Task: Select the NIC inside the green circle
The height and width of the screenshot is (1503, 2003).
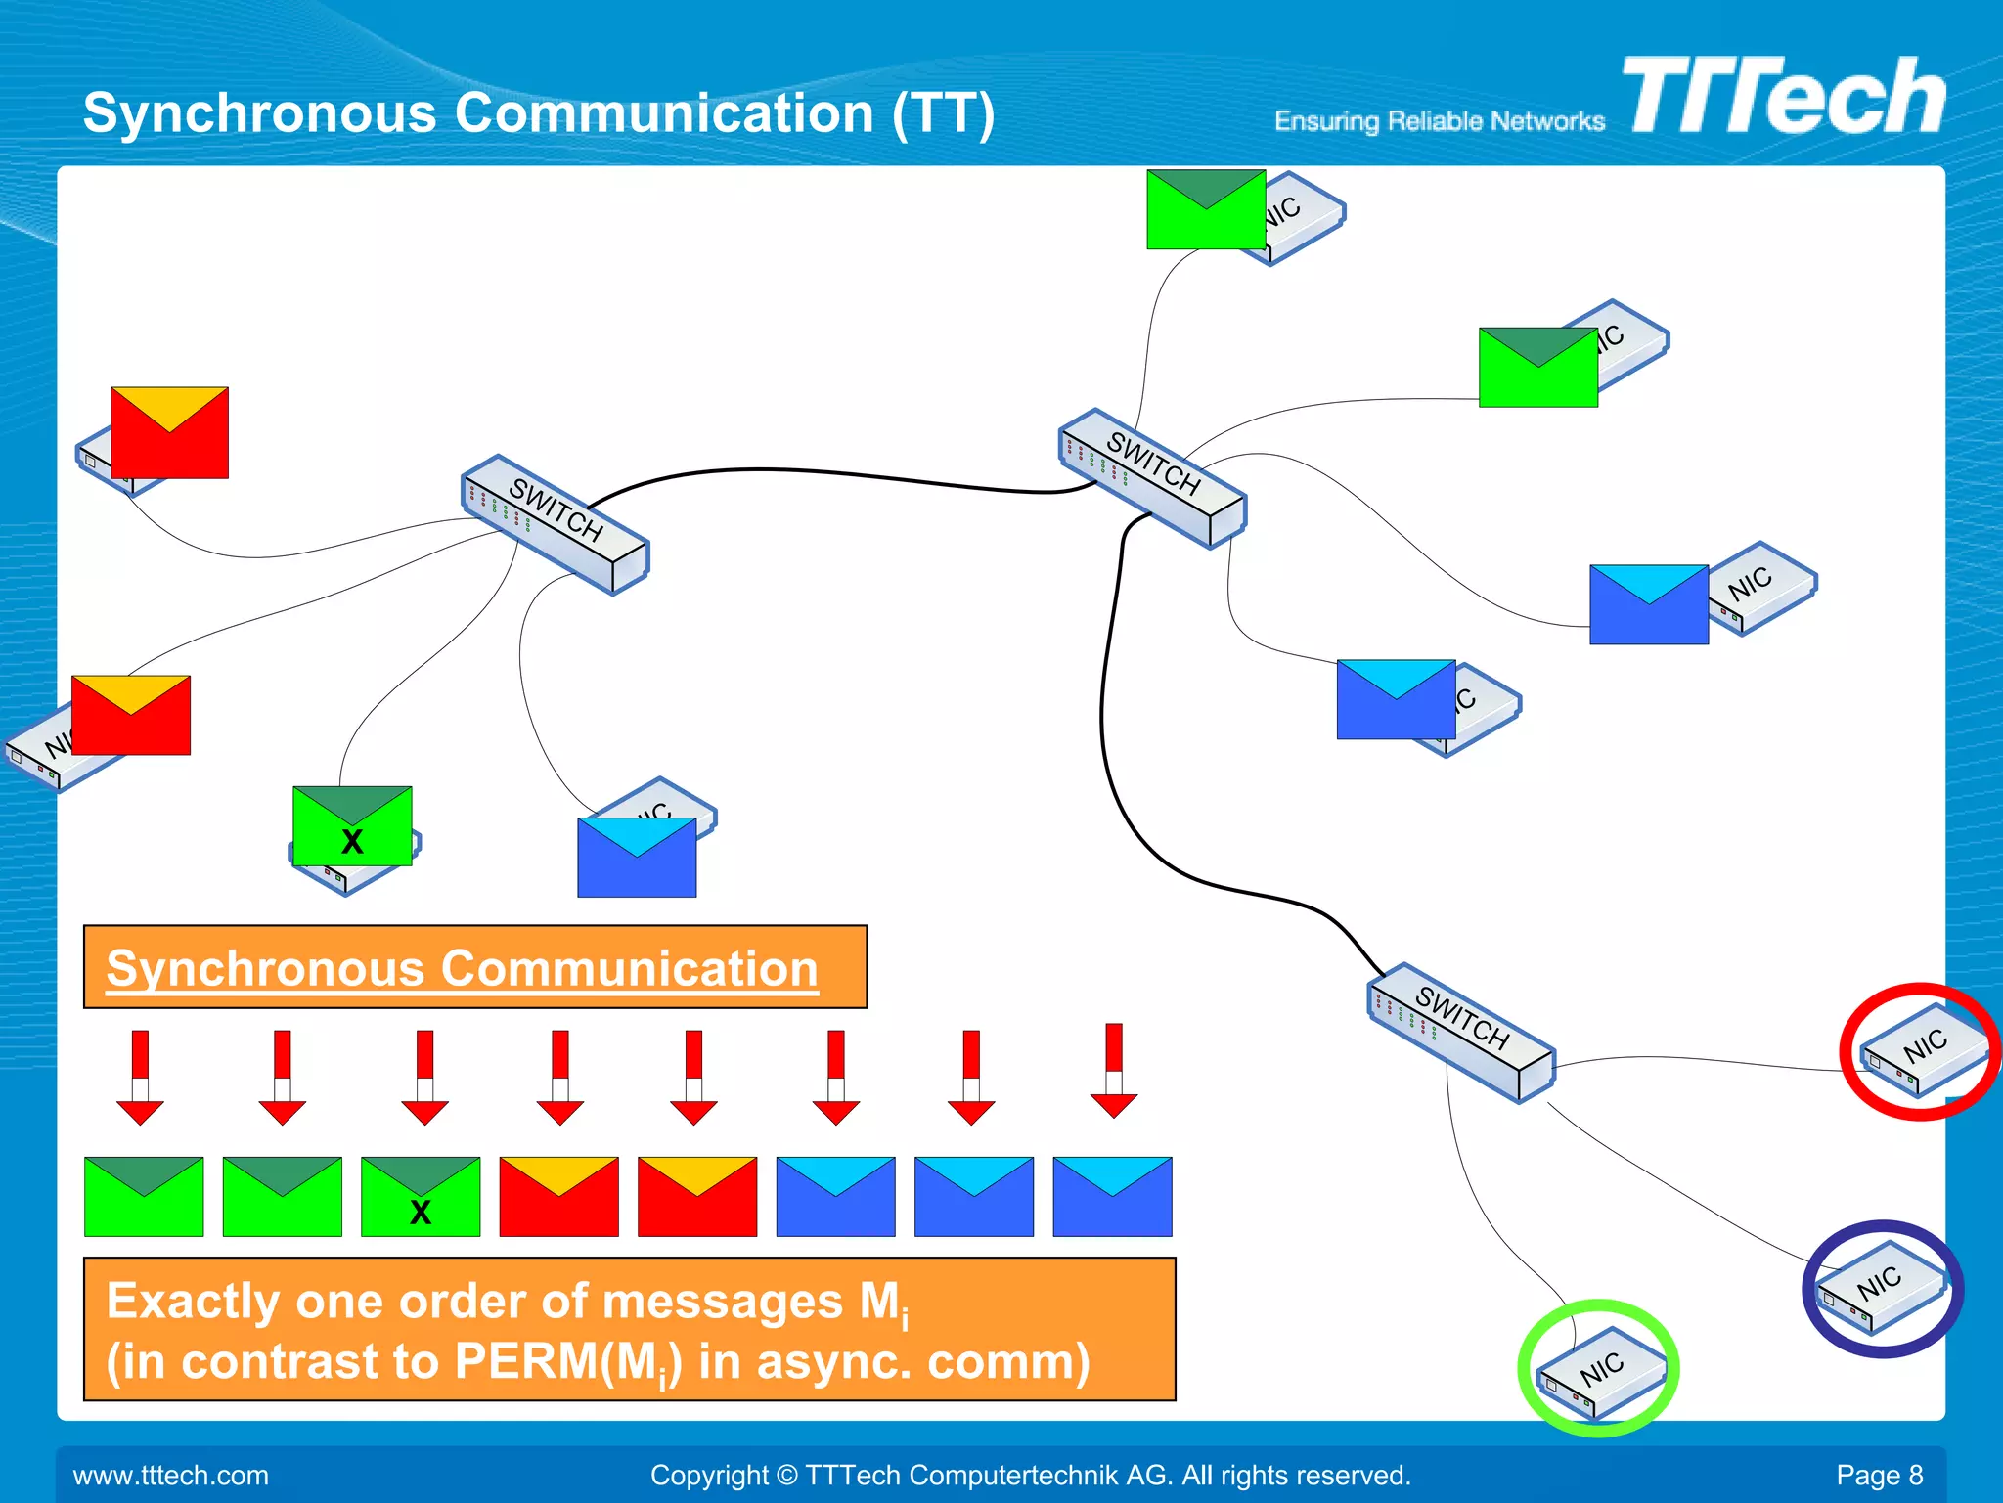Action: (1600, 1369)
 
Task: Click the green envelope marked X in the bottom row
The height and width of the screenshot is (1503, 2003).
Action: (421, 1197)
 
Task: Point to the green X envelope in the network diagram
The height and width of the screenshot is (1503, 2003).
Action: (352, 826)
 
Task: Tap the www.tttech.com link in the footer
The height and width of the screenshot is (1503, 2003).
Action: (170, 1475)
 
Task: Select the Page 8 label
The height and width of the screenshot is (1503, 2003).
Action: (1879, 1475)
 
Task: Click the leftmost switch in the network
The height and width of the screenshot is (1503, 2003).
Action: (556, 524)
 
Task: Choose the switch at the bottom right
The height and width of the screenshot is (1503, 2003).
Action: (1461, 1033)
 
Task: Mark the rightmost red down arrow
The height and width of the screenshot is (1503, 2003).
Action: (1114, 1070)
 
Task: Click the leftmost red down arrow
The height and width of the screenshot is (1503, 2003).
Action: (140, 1077)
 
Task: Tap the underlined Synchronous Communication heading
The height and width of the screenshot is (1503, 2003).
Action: (462, 968)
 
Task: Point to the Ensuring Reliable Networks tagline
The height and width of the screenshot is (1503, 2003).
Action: (1439, 121)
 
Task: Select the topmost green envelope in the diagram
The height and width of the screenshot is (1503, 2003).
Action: (1206, 209)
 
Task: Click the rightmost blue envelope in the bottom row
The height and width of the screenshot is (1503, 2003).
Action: (1112, 1197)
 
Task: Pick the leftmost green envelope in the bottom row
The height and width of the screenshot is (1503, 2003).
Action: (144, 1197)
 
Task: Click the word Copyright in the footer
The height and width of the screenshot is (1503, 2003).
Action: (709, 1475)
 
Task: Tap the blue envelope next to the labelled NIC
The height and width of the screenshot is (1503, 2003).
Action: (1649, 604)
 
